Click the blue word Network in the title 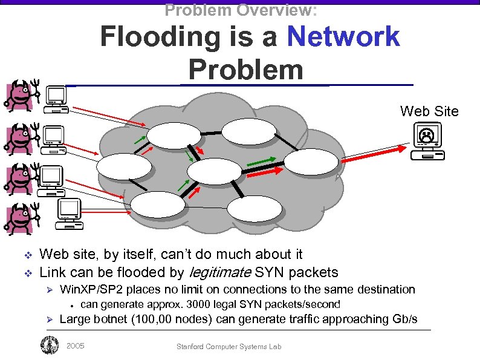pyautogui.click(x=343, y=36)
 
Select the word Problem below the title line pyautogui.click(x=245, y=70)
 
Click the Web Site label pyautogui.click(x=429, y=111)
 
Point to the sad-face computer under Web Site pyautogui.click(x=427, y=141)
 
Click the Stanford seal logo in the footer pyautogui.click(x=49, y=345)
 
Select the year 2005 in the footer pyautogui.click(x=75, y=346)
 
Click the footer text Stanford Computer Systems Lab pyautogui.click(x=229, y=347)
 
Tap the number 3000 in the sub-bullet pyautogui.click(x=199, y=304)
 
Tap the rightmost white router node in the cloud pyautogui.click(x=311, y=162)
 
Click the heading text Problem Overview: pyautogui.click(x=241, y=10)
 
